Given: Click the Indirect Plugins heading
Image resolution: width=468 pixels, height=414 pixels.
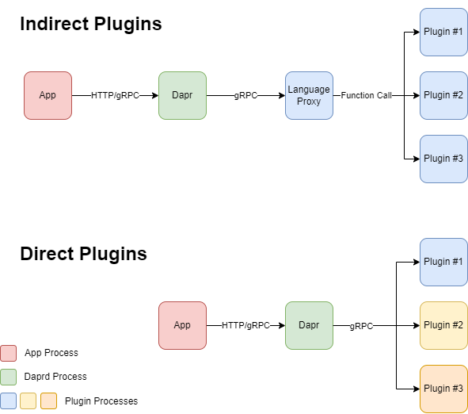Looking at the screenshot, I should [x=90, y=25].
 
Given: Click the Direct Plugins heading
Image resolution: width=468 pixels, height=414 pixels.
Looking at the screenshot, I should [x=83, y=255].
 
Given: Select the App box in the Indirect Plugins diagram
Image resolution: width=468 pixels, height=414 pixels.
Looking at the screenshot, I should [x=48, y=95].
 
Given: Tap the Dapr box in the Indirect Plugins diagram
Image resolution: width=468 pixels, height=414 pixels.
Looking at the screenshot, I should [x=182, y=95].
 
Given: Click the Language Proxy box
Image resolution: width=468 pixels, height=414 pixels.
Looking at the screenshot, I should [x=309, y=95].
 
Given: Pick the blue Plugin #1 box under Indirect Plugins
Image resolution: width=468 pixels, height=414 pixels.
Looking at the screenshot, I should [x=443, y=32].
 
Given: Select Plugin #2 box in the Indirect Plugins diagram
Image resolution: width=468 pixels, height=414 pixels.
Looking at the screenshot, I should [x=443, y=95].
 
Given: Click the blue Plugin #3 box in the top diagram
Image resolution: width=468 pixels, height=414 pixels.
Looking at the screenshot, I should [x=443, y=159].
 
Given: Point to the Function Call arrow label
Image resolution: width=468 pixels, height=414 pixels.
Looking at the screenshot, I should [x=367, y=95].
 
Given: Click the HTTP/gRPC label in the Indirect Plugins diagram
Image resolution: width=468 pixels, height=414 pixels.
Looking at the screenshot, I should [x=115, y=95].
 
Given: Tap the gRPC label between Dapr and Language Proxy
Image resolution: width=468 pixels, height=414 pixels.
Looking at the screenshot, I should [x=245, y=95].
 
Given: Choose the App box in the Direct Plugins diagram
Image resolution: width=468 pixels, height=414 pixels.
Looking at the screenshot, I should [x=182, y=325].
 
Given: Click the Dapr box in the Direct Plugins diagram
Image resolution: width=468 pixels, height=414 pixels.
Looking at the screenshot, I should [x=309, y=325].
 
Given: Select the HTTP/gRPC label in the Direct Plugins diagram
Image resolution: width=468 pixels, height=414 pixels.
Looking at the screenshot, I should [x=245, y=325].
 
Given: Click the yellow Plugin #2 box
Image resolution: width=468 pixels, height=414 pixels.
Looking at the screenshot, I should [x=443, y=325].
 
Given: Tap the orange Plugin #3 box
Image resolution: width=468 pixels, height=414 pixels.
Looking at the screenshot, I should [x=443, y=389].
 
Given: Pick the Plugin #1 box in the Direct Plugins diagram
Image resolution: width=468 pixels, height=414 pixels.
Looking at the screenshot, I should [x=443, y=262].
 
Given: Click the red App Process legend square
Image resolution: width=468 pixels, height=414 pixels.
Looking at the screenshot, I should [x=9, y=353].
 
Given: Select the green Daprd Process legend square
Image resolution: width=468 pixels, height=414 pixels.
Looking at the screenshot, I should [x=9, y=377].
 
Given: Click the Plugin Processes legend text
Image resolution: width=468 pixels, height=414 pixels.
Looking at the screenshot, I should [x=101, y=401].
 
